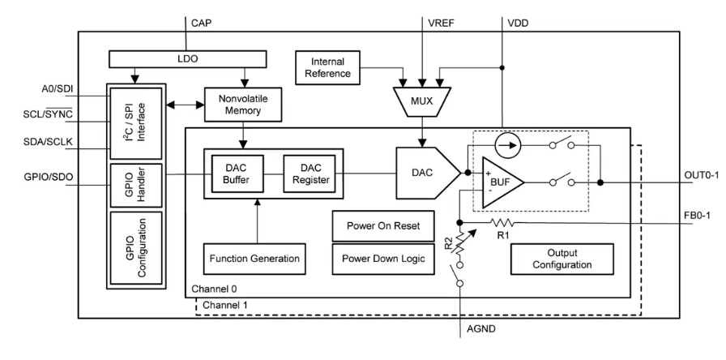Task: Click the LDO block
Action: coord(186,59)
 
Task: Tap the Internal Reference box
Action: coord(329,67)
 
